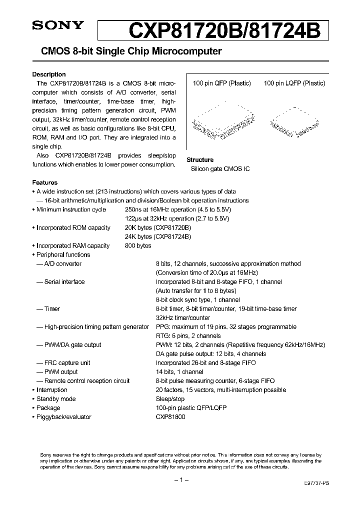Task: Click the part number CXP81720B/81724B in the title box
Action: pyautogui.click(x=224, y=31)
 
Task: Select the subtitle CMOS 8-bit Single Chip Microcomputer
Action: pyautogui.click(x=127, y=51)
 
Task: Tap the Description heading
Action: pyautogui.click(x=49, y=74)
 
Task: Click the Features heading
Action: pyautogui.click(x=45, y=182)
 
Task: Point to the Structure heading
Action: pyautogui.click(x=200, y=160)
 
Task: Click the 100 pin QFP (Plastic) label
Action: pyautogui.click(x=222, y=83)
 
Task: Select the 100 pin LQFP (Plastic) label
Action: pyautogui.click(x=294, y=83)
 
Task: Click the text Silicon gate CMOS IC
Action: pyautogui.click(x=220, y=169)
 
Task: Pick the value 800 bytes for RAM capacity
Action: pyautogui.click(x=138, y=246)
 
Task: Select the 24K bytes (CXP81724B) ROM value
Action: pyautogui.click(x=157, y=237)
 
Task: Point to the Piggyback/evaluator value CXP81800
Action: pyautogui.click(x=170, y=417)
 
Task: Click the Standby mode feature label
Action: pyautogui.click(x=56, y=399)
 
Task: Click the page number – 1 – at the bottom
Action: pyautogui.click(x=180, y=480)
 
